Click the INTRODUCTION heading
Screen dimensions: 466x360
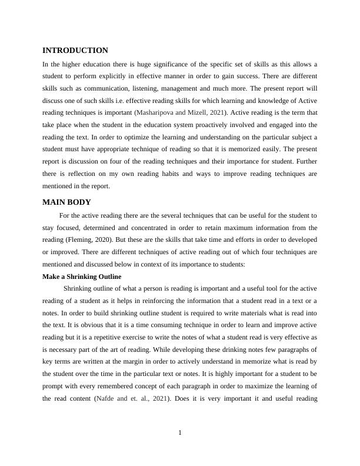pyautogui.click(x=75, y=51)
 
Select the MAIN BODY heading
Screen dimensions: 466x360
pyautogui.click(x=66, y=202)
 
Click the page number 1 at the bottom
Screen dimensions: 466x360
pyautogui.click(x=180, y=433)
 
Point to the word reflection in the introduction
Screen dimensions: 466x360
pyautogui.click(x=78, y=174)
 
